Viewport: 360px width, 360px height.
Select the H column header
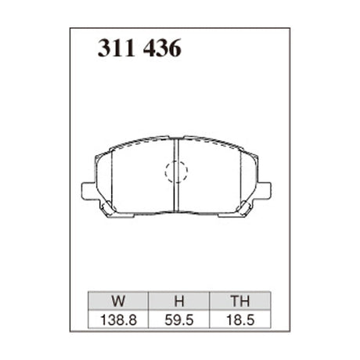click(178, 299)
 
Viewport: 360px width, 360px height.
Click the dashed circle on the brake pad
click(176, 171)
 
